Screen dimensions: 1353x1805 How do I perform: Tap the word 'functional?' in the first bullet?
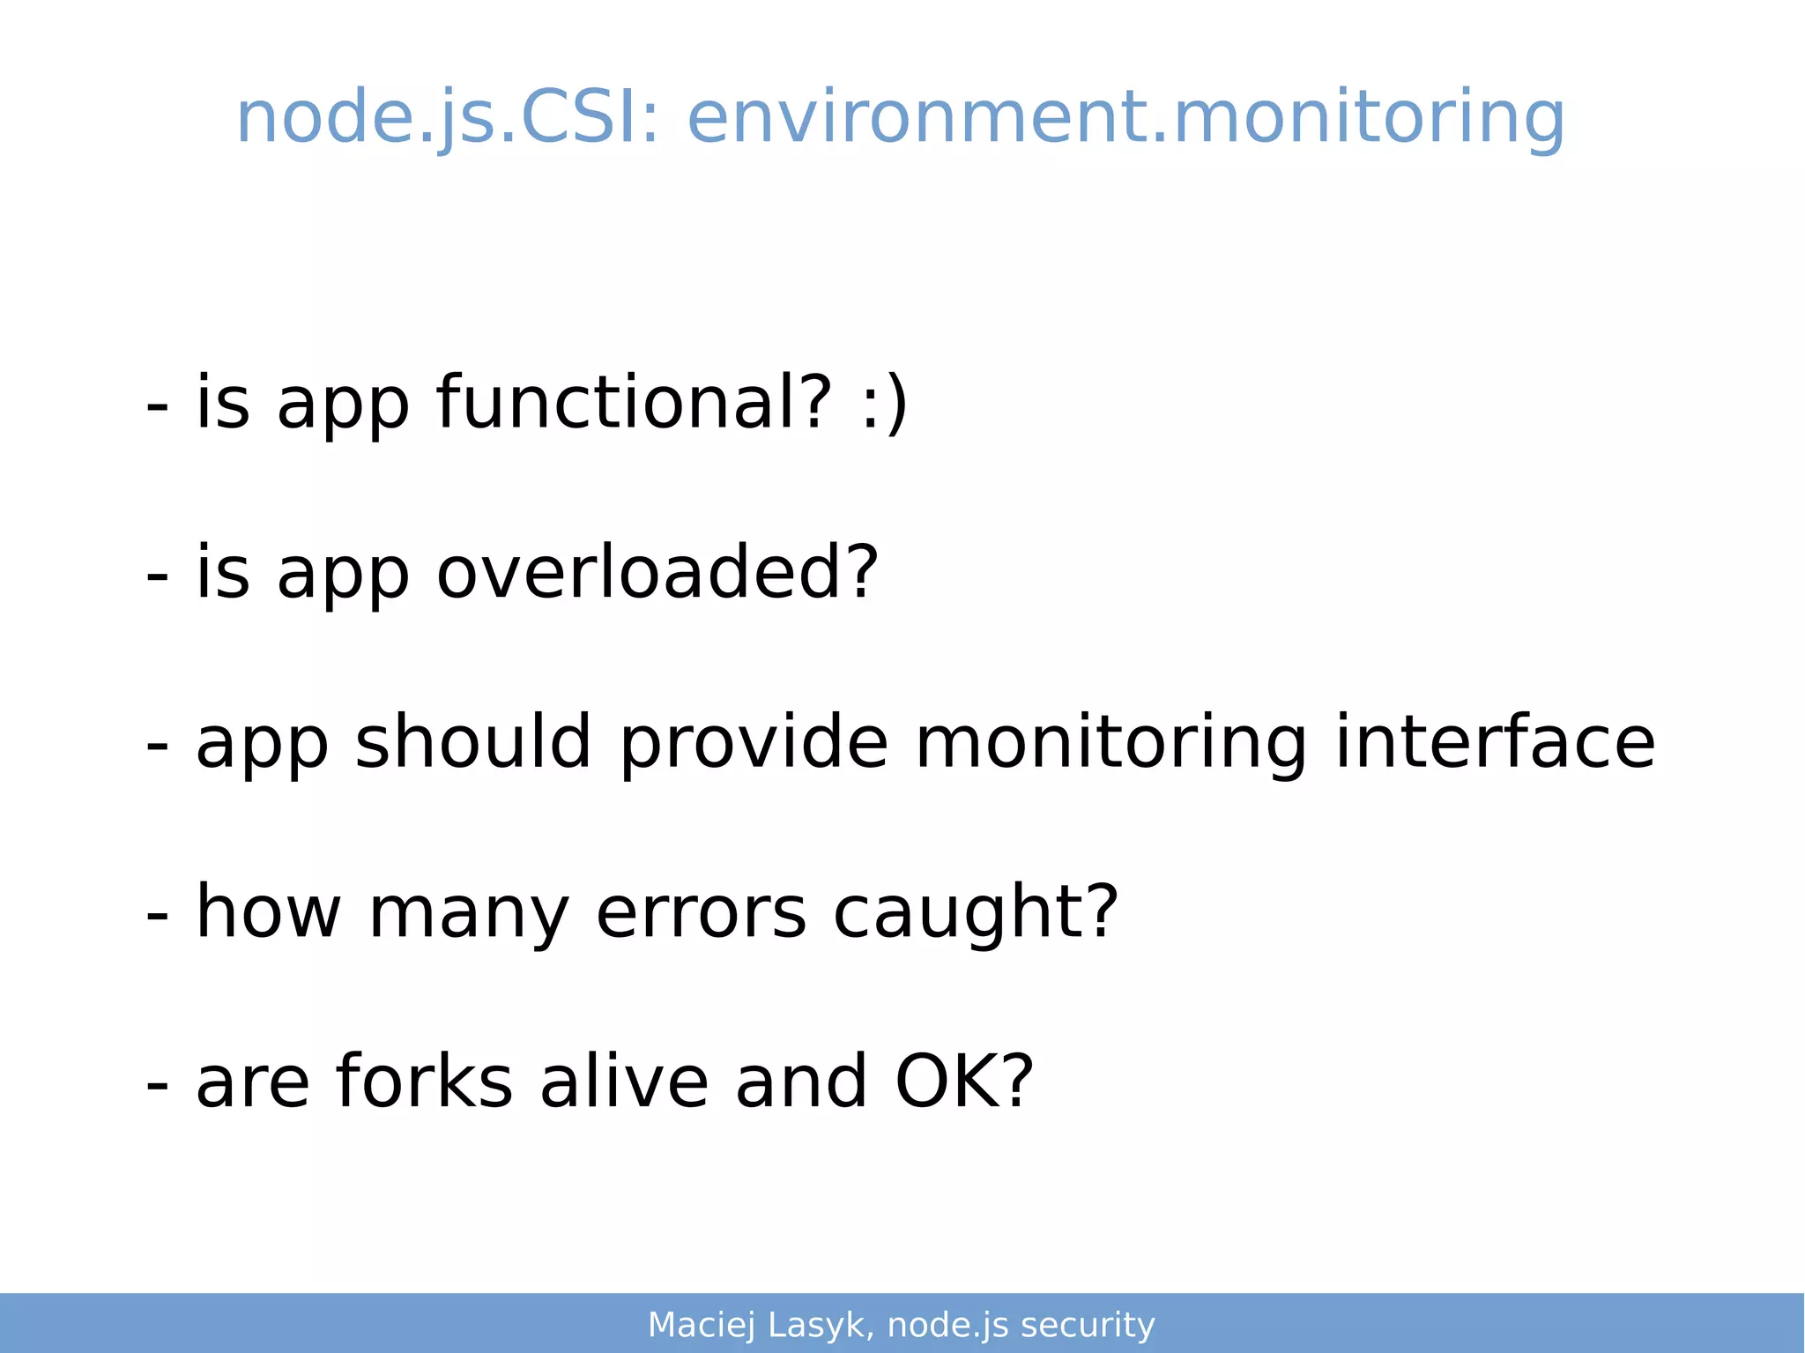coord(634,403)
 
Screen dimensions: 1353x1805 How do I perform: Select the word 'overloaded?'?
coord(657,573)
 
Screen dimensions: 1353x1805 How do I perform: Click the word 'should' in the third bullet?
coord(472,742)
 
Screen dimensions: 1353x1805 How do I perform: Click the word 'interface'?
coord(1495,742)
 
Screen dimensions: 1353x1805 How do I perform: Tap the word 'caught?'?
coord(975,912)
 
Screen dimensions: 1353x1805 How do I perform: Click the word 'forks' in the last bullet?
coord(424,1082)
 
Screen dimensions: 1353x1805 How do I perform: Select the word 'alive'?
coord(624,1082)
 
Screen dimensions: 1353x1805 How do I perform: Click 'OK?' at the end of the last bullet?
coord(964,1082)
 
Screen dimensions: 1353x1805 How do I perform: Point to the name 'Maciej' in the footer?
coord(702,1326)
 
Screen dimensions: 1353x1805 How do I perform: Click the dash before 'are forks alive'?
coord(157,1085)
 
